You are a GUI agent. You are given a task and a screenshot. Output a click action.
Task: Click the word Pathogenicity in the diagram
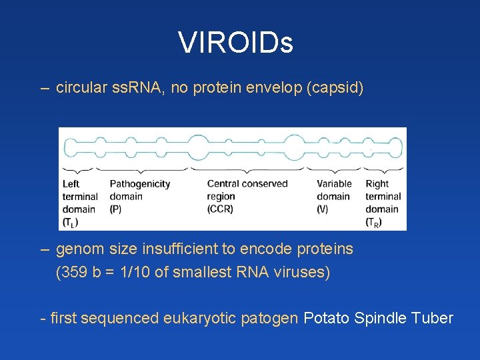140,184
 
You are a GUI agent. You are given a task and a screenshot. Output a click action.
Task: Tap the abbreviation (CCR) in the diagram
220,209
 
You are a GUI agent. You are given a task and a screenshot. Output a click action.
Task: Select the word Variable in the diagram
334,184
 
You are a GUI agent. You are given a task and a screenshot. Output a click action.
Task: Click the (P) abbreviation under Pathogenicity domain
115,209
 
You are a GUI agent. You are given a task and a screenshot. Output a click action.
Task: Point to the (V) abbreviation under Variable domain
323,209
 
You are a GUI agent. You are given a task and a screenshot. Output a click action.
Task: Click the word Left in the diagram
71,184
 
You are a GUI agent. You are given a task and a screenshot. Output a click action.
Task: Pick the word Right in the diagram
377,184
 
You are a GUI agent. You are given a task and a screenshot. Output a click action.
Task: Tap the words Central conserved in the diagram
247,184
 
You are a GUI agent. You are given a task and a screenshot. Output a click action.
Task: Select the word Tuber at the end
434,319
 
